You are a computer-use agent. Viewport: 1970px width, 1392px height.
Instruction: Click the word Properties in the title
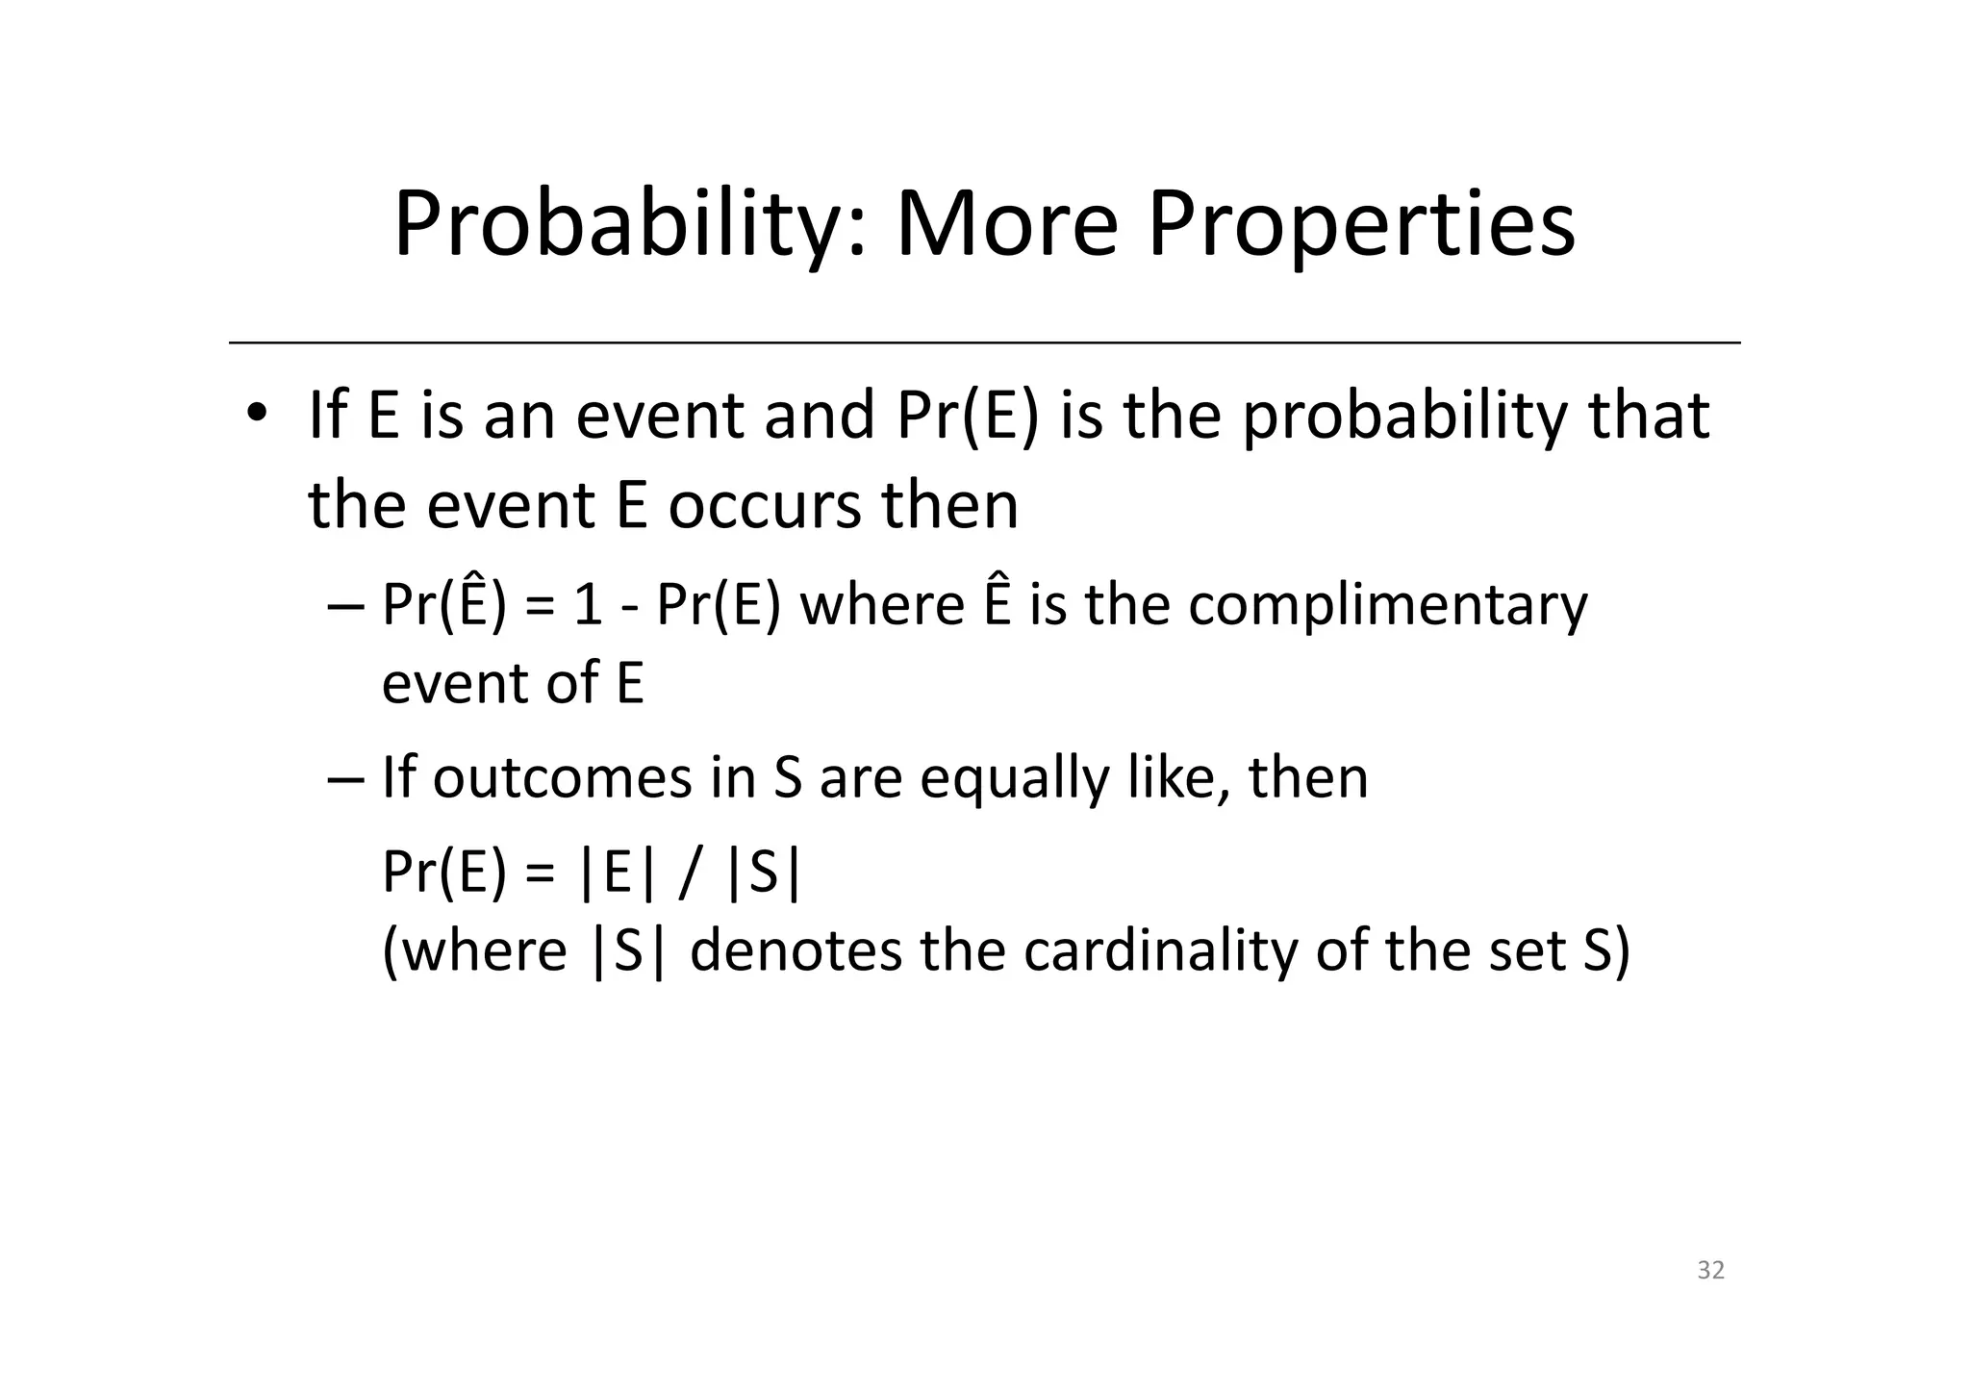pyautogui.click(x=1361, y=225)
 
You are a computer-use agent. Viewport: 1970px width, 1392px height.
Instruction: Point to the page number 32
pyautogui.click(x=1710, y=1271)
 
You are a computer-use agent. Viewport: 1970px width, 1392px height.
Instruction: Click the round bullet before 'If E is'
pyautogui.click(x=256, y=414)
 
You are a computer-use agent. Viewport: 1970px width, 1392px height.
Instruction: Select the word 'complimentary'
pyautogui.click(x=1387, y=606)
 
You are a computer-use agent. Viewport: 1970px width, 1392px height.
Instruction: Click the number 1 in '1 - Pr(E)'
pyautogui.click(x=588, y=606)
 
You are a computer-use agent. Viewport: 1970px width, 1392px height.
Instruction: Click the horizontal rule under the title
pyautogui.click(x=984, y=342)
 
